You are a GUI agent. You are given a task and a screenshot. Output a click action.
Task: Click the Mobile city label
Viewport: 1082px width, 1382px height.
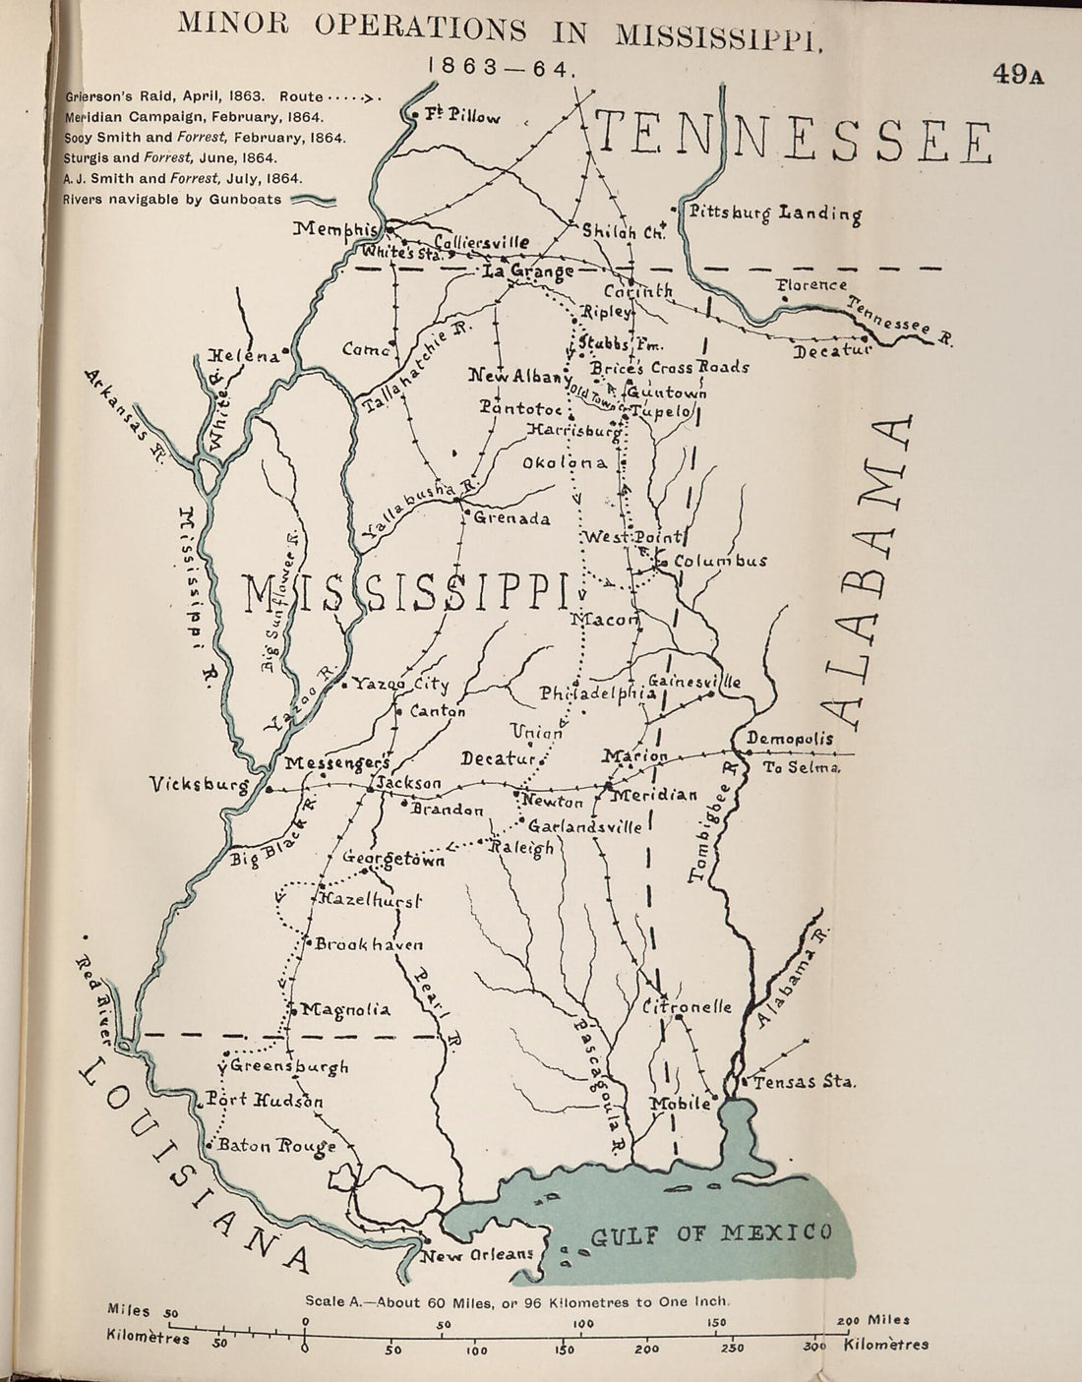coord(680,1104)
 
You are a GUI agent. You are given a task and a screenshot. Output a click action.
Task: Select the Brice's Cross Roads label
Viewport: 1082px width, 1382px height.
coord(670,367)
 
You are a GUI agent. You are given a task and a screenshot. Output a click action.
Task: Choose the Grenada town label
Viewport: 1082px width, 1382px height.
coord(511,518)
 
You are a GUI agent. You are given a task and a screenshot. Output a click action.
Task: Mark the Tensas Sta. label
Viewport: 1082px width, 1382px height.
coord(804,1082)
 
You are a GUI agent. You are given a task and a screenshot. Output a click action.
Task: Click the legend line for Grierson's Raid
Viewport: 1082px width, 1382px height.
coord(221,96)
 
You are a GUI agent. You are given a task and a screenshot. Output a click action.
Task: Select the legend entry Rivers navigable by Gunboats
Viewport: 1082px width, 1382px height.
coord(172,199)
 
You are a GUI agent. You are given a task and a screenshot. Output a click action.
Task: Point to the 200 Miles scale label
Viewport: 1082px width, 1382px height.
coord(873,1320)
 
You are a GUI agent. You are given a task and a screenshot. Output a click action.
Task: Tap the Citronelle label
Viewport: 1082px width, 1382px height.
coord(688,1007)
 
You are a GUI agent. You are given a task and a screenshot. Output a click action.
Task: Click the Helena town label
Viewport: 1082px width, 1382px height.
coord(242,357)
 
